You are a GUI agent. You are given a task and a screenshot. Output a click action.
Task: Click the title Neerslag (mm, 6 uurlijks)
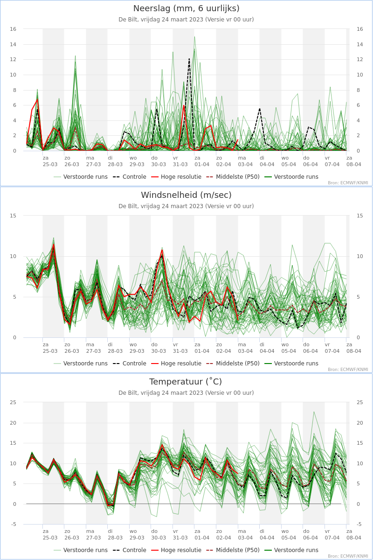pyautogui.click(x=186, y=8)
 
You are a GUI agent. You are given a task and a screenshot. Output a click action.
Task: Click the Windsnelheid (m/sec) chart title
pyautogui.click(x=186, y=195)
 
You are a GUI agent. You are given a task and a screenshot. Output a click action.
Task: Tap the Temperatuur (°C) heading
pyautogui.click(x=186, y=382)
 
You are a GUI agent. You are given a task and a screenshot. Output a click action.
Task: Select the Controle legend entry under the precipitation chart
pyautogui.click(x=130, y=177)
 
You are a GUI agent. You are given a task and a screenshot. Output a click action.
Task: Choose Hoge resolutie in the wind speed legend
pyautogui.click(x=176, y=364)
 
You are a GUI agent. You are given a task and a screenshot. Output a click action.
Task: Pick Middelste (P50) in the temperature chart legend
pyautogui.click(x=233, y=550)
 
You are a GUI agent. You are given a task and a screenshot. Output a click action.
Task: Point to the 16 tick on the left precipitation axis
pyautogui.click(x=13, y=29)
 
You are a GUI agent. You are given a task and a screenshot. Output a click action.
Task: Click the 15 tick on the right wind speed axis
pyautogui.click(x=360, y=216)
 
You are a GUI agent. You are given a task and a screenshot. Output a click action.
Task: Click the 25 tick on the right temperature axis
pyautogui.click(x=360, y=402)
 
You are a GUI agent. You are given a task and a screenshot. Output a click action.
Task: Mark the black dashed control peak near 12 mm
pyautogui.click(x=189, y=59)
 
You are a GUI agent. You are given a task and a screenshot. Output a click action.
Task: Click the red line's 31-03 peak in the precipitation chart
pyautogui.click(x=184, y=105)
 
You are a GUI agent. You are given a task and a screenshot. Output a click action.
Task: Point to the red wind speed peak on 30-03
pyautogui.click(x=162, y=250)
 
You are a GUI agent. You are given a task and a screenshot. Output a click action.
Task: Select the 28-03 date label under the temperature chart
pyautogui.click(x=115, y=538)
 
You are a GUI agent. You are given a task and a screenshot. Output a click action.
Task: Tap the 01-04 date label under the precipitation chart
pyautogui.click(x=202, y=164)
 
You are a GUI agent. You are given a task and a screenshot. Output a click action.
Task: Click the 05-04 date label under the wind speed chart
pyautogui.click(x=289, y=351)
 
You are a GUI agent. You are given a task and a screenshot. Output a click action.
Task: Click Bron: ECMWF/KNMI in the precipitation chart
pyautogui.click(x=348, y=183)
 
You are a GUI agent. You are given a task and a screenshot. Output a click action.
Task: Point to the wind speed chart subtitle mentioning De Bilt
pyautogui.click(x=186, y=206)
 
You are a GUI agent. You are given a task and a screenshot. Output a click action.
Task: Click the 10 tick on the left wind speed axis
pyautogui.click(x=13, y=257)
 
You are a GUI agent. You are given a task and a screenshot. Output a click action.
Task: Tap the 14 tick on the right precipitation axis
pyautogui.click(x=360, y=44)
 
